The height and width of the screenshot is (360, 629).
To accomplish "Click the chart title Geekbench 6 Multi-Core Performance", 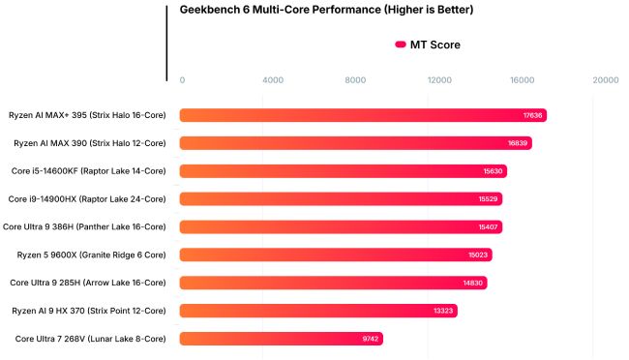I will click(326, 11).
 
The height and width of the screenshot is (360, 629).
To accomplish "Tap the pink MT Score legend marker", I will click(400, 45).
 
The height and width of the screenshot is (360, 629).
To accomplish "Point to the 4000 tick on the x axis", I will click(273, 80).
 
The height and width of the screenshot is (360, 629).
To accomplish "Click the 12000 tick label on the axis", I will click(441, 80).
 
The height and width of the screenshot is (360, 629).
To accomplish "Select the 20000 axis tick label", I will click(606, 80).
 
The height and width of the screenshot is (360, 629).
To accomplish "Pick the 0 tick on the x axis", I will click(182, 80).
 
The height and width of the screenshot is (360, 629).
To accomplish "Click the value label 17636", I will click(532, 115).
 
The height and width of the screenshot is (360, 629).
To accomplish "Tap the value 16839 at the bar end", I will click(518, 143).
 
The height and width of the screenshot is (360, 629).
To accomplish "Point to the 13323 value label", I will click(442, 311).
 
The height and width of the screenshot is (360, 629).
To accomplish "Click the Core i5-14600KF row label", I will click(87, 171).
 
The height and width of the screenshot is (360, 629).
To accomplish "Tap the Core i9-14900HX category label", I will click(87, 199).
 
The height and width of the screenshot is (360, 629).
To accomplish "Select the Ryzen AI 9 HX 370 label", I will click(89, 311).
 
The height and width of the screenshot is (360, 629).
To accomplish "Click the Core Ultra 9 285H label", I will click(88, 283).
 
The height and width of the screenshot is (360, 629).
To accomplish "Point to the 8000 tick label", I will click(357, 80).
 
